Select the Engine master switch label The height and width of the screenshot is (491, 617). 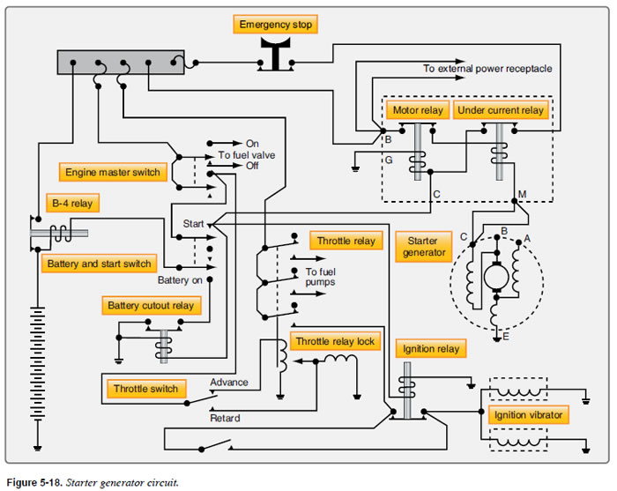(112, 172)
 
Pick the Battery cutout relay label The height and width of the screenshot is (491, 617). (151, 306)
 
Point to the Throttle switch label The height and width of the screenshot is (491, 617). (145, 389)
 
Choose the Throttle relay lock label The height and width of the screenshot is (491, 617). (334, 342)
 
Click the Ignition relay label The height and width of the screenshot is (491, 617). (430, 349)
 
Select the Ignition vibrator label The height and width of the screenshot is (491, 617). (526, 414)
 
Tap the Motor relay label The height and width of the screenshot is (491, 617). (418, 111)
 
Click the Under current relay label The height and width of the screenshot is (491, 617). (501, 111)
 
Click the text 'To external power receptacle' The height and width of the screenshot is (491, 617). (488, 69)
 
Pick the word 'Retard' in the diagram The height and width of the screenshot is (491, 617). (224, 419)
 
